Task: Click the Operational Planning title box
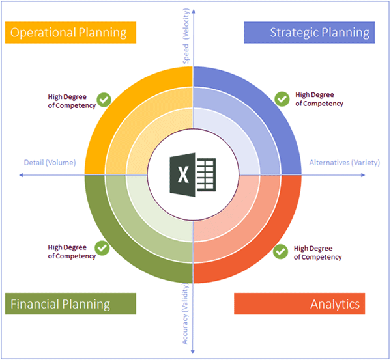click(70, 33)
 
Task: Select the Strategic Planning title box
click(309, 33)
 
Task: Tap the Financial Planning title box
click(70, 304)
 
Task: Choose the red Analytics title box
click(300, 304)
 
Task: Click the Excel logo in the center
click(193, 174)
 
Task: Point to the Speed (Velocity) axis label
click(186, 36)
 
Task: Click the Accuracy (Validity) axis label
click(185, 314)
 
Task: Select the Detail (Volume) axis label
click(50, 163)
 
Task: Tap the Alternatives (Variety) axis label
click(345, 163)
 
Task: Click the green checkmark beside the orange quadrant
click(104, 100)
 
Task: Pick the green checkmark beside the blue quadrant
click(282, 99)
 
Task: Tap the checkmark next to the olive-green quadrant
click(102, 248)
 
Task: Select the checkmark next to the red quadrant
click(280, 252)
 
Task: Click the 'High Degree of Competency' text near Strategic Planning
click(319, 99)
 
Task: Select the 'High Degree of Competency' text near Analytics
click(318, 253)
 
